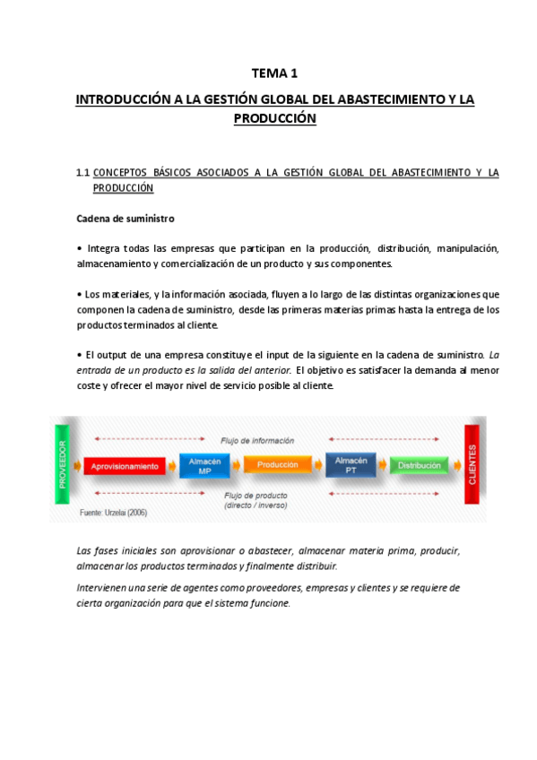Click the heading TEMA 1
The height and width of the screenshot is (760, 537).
click(274, 73)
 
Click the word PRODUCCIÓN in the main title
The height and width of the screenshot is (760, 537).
click(274, 117)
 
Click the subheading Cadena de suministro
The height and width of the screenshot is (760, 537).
click(126, 219)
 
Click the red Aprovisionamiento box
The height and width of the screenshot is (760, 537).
click(125, 466)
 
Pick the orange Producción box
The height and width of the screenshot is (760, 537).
click(277, 465)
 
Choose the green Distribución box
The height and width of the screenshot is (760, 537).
click(419, 466)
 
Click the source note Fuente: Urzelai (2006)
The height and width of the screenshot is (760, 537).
click(114, 514)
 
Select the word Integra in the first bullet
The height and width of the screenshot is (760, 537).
click(104, 247)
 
